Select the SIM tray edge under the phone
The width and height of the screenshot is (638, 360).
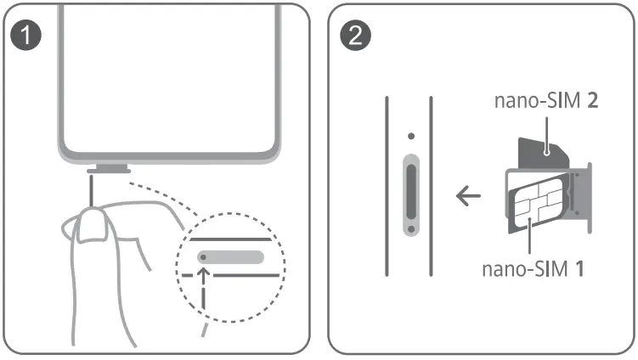coord(108,169)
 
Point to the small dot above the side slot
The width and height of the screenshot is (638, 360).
coord(410,135)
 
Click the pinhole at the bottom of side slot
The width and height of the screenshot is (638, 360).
coord(410,228)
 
